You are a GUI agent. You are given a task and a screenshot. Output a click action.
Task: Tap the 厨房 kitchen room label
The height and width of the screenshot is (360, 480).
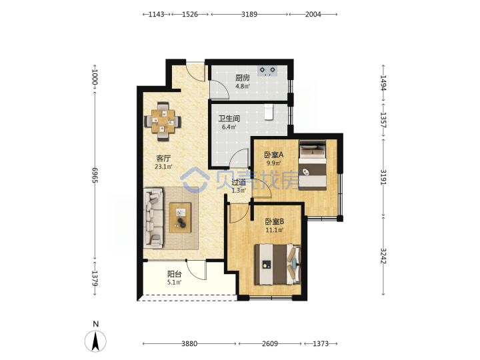(x=243, y=78)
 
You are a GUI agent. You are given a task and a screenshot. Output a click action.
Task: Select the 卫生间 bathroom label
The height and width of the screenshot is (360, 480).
(x=229, y=119)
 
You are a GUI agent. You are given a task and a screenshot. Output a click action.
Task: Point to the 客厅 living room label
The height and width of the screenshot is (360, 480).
(x=163, y=158)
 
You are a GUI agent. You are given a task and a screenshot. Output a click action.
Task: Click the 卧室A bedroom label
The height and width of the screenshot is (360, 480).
(x=274, y=155)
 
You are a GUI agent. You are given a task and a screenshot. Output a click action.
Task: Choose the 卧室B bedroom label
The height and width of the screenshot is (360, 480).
(x=275, y=221)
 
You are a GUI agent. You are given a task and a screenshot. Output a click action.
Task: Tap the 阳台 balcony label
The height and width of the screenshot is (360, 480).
(x=175, y=274)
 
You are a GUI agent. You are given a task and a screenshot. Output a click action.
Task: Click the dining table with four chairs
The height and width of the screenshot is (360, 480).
(x=163, y=121)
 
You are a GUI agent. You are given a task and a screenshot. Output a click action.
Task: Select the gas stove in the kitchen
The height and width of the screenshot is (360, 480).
(x=267, y=71)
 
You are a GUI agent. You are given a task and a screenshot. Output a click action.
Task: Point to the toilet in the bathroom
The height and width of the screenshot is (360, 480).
(x=269, y=112)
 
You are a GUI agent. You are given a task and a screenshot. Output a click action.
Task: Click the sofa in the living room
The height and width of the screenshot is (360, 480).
(x=153, y=217)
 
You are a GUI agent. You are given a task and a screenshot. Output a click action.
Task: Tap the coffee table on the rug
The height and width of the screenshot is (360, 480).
(x=180, y=217)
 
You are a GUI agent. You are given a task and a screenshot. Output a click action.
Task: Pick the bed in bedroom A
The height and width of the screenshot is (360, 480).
(x=312, y=165)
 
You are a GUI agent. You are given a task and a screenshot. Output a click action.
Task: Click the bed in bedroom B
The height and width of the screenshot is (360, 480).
(x=277, y=264)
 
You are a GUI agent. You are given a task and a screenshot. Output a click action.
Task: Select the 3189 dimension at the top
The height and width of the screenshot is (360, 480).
(x=249, y=14)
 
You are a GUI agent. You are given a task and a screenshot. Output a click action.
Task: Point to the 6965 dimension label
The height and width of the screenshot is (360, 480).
(x=95, y=175)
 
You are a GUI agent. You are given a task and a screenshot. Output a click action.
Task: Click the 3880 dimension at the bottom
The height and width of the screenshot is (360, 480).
(x=189, y=344)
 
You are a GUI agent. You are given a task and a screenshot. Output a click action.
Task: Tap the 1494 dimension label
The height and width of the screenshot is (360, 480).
(x=383, y=83)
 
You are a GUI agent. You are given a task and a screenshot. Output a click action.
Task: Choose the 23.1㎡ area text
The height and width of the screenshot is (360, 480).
(x=163, y=167)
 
